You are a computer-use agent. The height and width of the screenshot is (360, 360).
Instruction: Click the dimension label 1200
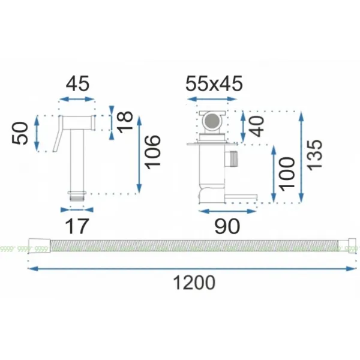click(x=194, y=283)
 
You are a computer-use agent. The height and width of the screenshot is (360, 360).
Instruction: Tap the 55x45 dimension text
click(x=214, y=83)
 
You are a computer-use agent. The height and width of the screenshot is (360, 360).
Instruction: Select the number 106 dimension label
click(x=152, y=152)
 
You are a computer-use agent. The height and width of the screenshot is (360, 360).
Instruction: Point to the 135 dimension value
click(x=314, y=155)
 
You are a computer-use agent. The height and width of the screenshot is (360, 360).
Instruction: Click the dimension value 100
click(x=287, y=174)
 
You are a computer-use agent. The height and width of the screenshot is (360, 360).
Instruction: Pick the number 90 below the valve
click(x=227, y=226)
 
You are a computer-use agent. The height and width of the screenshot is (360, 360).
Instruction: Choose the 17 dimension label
click(x=77, y=226)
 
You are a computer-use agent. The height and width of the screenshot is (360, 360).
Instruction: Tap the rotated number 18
click(x=125, y=122)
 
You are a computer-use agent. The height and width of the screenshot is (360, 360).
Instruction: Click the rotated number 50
click(x=20, y=133)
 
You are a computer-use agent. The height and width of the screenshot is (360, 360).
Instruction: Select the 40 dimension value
click(x=256, y=127)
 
